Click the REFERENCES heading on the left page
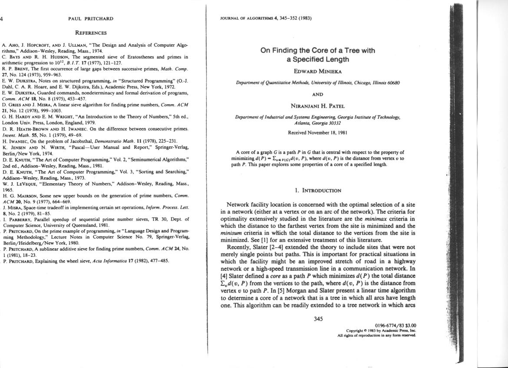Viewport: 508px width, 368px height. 91,33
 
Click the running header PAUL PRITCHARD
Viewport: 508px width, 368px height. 91,19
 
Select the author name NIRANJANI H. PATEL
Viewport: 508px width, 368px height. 318,105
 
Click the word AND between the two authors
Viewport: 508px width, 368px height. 318,94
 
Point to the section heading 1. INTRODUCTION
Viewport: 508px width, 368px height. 318,190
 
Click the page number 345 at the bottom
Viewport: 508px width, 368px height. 318,319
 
